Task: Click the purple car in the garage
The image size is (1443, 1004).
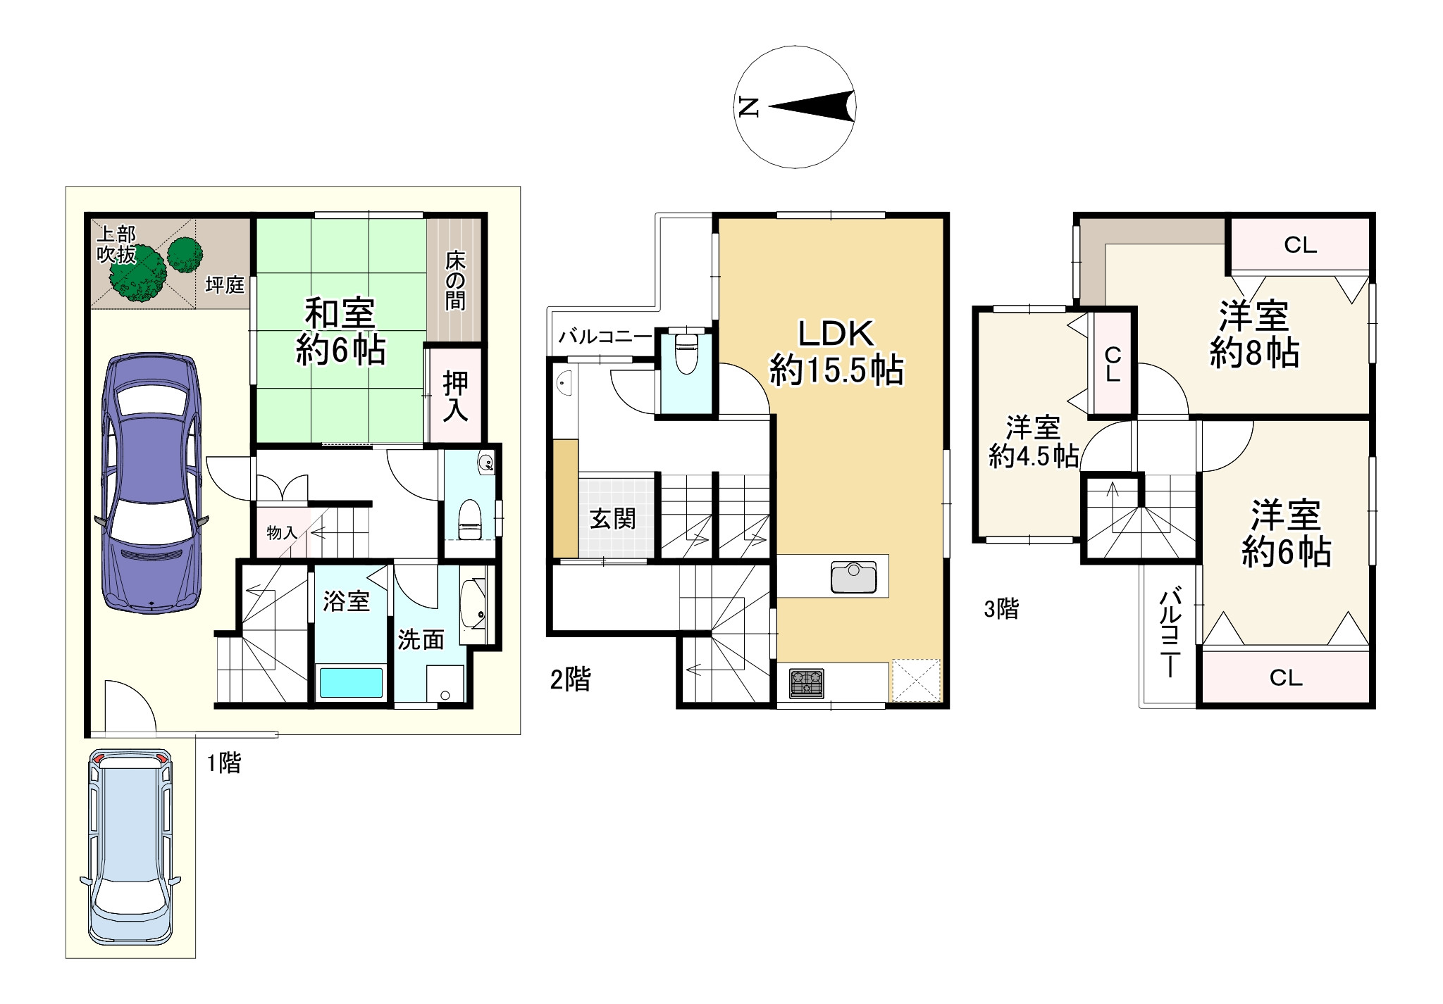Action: click(151, 484)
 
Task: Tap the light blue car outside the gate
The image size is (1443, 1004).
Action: click(130, 847)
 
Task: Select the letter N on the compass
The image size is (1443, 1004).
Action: click(748, 108)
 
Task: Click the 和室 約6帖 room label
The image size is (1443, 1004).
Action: click(340, 331)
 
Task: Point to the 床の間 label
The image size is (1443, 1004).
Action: click(455, 281)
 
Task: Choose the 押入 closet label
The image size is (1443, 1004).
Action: click(455, 396)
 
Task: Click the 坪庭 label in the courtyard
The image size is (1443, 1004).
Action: click(225, 285)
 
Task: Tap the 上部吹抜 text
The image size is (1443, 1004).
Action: click(116, 244)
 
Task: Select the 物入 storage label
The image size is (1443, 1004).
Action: click(282, 533)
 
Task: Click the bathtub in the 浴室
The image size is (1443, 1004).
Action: click(352, 682)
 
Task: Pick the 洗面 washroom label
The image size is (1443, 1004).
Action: click(421, 639)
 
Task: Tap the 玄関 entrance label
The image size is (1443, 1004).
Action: click(613, 520)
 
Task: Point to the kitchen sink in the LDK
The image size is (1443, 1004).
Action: click(854, 577)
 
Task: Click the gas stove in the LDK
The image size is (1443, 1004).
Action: click(807, 683)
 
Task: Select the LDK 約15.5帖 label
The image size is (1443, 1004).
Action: click(836, 351)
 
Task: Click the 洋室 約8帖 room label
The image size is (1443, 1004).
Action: click(1254, 335)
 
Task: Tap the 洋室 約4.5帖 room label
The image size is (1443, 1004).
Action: click(1034, 442)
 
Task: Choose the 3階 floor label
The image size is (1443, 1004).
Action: click(1001, 609)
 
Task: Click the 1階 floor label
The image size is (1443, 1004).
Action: click(224, 763)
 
